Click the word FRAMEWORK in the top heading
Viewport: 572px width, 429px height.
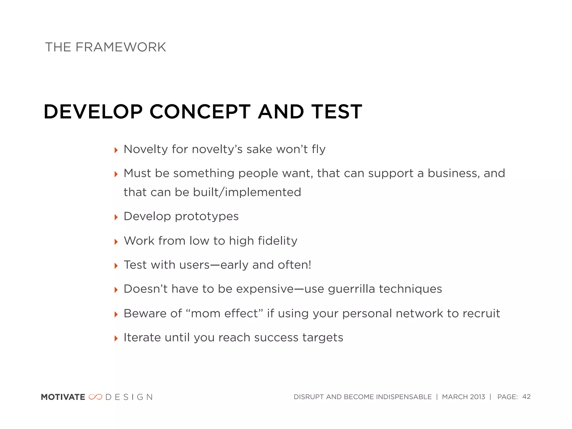point(121,47)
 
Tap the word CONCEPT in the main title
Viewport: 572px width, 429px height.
point(200,112)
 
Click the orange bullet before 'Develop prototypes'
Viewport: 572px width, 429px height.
point(116,217)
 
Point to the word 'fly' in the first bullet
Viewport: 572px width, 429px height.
point(319,149)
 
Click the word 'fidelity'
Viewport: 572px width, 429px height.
point(278,241)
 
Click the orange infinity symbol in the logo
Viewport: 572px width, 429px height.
point(95,397)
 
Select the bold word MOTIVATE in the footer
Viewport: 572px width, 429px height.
point(63,397)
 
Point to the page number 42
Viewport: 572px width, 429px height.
point(526,397)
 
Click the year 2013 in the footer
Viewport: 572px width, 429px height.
point(477,397)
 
